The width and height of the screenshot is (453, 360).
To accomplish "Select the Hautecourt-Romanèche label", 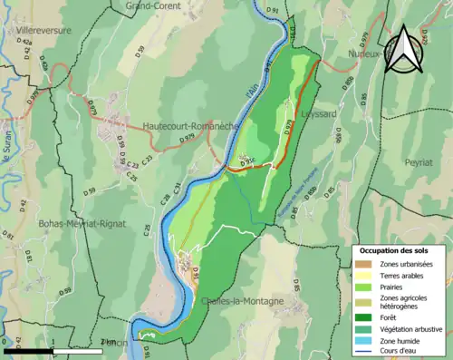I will tap(188, 126).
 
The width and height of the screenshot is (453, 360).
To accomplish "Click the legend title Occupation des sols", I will tap(394, 249).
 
